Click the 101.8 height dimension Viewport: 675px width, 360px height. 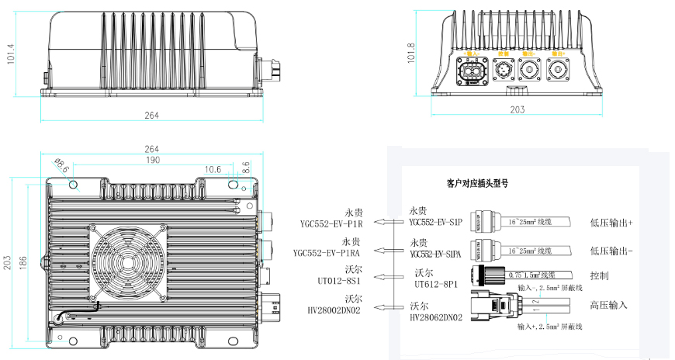tap(412, 55)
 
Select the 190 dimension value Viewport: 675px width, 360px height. tap(152, 160)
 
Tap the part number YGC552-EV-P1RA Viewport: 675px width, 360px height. tap(329, 253)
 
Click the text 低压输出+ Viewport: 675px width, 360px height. tap(611, 223)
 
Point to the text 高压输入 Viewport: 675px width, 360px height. tap(608, 305)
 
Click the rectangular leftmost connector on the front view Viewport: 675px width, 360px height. tap(472, 73)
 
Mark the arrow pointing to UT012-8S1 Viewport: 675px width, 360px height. tap(383, 275)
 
